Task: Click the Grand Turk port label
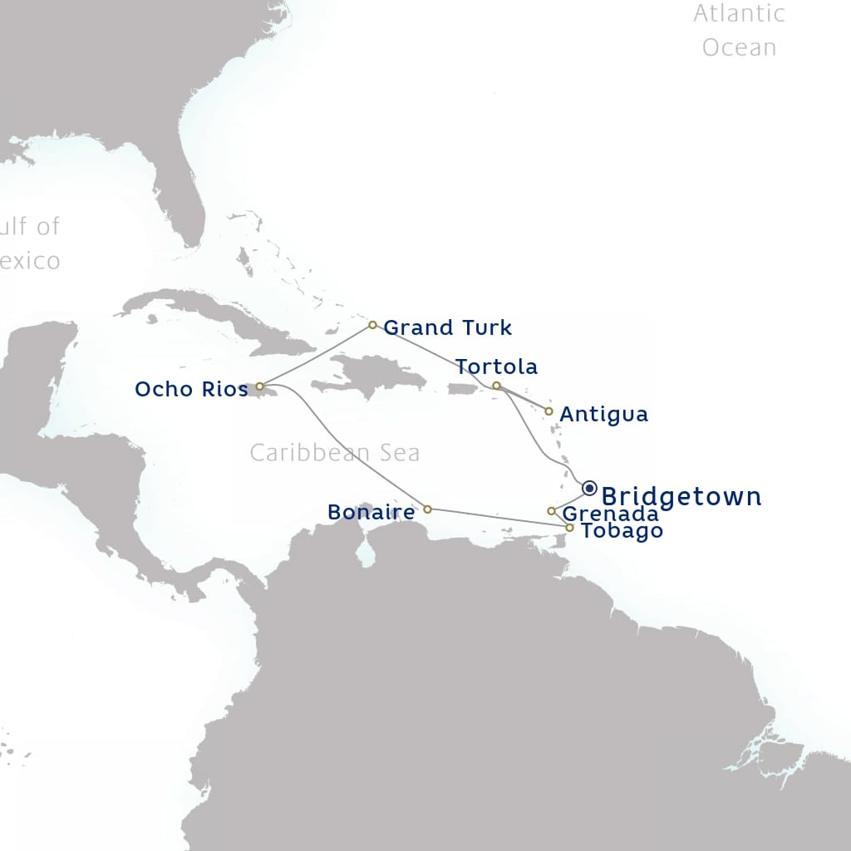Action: (447, 327)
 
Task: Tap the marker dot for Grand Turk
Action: (372, 325)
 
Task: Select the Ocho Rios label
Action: (191, 389)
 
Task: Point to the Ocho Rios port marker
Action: (259, 386)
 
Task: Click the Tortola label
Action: (496, 366)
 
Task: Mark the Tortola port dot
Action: (496, 386)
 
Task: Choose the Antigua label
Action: (603, 414)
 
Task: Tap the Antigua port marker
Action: (548, 411)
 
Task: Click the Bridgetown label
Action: (681, 497)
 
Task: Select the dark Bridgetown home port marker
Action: (589, 488)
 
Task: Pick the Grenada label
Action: (610, 514)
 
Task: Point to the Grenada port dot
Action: (551, 511)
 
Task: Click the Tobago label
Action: (622, 531)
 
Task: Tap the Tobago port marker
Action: (569, 528)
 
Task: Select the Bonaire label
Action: (371, 512)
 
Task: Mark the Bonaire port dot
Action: (427, 509)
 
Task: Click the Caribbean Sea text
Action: (334, 453)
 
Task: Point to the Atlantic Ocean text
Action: (739, 30)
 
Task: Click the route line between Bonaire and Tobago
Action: (499, 519)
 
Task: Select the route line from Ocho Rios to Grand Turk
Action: (316, 355)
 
